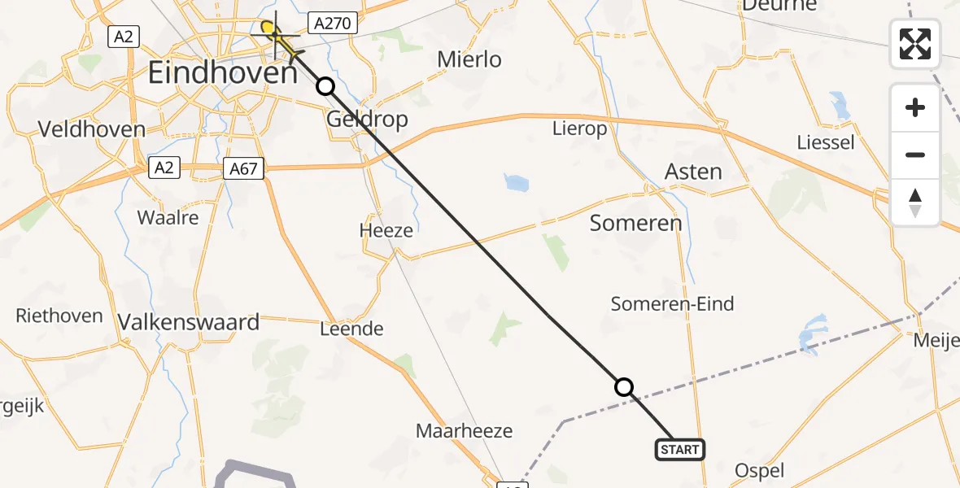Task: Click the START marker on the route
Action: tap(679, 450)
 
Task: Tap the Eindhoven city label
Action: tap(223, 74)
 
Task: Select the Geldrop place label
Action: tap(366, 120)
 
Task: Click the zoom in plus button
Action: tap(915, 107)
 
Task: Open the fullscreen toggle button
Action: tap(915, 44)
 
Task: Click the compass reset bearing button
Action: tap(915, 203)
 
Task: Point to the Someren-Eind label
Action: tap(672, 304)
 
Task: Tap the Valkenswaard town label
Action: tap(189, 322)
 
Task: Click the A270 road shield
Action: tap(333, 24)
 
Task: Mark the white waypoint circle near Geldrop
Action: tap(325, 86)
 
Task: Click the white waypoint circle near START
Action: tap(624, 387)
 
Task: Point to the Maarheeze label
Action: tap(464, 430)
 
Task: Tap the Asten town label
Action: tap(693, 172)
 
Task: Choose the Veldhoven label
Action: tap(92, 129)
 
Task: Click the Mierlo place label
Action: tap(469, 59)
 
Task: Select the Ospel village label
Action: tap(759, 470)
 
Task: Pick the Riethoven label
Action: tap(59, 316)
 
